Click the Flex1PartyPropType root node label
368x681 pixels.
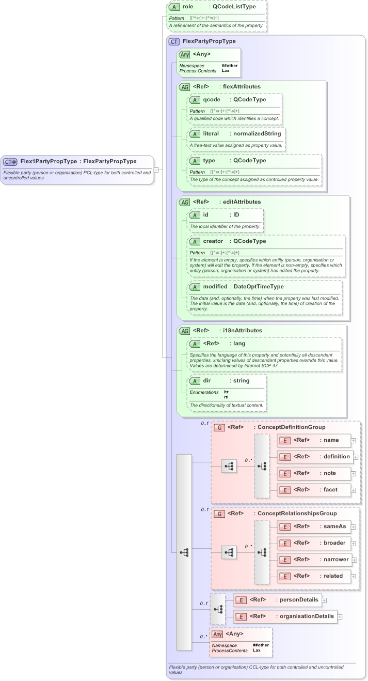(49, 161)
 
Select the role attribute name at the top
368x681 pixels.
(187, 7)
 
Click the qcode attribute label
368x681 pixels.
(212, 100)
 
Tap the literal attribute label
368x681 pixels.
(214, 133)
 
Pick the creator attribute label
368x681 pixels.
(213, 241)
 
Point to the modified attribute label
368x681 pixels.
(215, 286)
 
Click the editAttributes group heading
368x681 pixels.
(242, 202)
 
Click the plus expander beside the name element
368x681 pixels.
(354, 440)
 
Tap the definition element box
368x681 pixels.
(314, 457)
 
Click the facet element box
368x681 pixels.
(314, 490)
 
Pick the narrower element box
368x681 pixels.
(314, 559)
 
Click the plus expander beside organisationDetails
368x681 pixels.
(340, 616)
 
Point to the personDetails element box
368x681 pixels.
(278, 600)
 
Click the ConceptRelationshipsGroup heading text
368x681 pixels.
(297, 514)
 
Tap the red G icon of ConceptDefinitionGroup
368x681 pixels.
(219, 427)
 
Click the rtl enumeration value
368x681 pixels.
(226, 397)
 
